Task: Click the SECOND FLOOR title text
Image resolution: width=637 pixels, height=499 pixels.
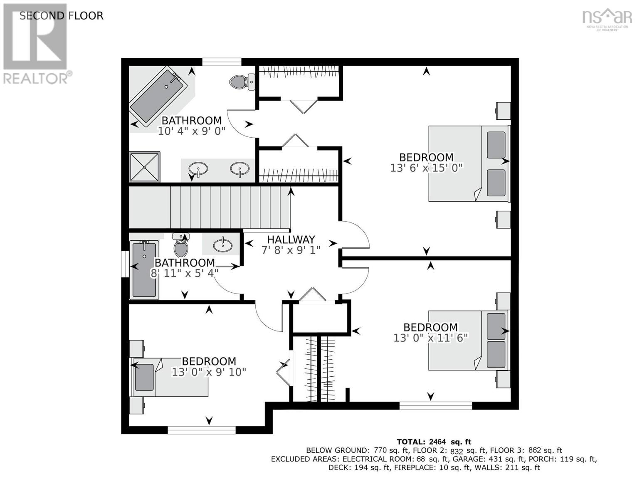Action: (x=61, y=16)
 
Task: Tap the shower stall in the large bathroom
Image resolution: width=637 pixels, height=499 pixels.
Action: (x=145, y=167)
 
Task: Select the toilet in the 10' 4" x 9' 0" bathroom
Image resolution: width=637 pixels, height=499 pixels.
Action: (x=242, y=82)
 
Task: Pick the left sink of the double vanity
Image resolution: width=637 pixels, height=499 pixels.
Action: (x=198, y=169)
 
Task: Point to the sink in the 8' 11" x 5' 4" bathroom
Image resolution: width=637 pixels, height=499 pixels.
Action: (x=222, y=245)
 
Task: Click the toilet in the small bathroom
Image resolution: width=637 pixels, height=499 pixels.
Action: (x=181, y=245)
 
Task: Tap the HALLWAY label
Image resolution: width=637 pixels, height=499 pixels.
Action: (x=291, y=240)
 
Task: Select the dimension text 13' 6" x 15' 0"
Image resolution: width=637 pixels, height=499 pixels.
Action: (x=426, y=168)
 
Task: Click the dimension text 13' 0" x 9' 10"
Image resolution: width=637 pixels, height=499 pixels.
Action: (x=209, y=372)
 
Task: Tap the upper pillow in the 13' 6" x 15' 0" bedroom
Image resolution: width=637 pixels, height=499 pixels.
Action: (x=496, y=145)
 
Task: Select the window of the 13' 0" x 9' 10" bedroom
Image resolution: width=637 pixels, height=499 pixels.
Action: (x=202, y=430)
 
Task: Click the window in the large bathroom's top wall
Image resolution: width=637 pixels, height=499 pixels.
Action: (x=222, y=62)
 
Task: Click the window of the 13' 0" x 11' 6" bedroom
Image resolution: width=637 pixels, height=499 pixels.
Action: (x=436, y=406)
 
